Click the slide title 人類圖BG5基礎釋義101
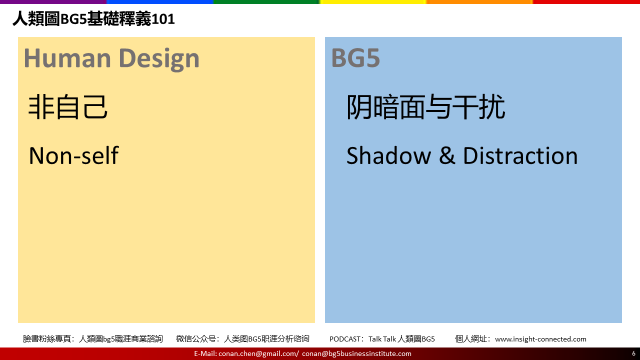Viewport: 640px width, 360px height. tap(93, 19)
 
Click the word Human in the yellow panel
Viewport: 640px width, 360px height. tap(67, 58)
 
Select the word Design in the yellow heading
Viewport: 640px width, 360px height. tap(159, 59)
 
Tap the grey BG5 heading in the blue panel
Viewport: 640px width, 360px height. tap(355, 58)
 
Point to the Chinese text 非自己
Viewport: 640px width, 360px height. tap(68, 107)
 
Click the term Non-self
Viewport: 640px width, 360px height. tap(73, 155)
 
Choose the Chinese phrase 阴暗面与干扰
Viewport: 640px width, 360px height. tap(425, 107)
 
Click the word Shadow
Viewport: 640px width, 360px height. tap(388, 155)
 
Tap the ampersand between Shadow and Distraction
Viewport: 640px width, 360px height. tap(447, 155)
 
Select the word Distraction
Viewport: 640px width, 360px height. tap(520, 155)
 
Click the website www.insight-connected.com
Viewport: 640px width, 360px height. tap(540, 339)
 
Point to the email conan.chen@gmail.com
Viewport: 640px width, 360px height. tap(257, 353)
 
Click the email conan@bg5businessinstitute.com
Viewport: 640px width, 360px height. tap(356, 353)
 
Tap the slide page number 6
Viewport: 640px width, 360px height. tap(633, 353)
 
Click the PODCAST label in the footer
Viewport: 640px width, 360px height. tap(345, 339)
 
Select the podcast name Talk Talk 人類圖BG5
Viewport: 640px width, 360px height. tap(401, 339)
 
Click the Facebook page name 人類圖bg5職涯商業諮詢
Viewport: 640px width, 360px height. tap(120, 339)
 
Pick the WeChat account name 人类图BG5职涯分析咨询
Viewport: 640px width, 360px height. tap(266, 339)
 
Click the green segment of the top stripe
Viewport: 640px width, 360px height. tap(266, 1)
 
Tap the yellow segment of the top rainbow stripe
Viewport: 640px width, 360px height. tap(373, 1)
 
